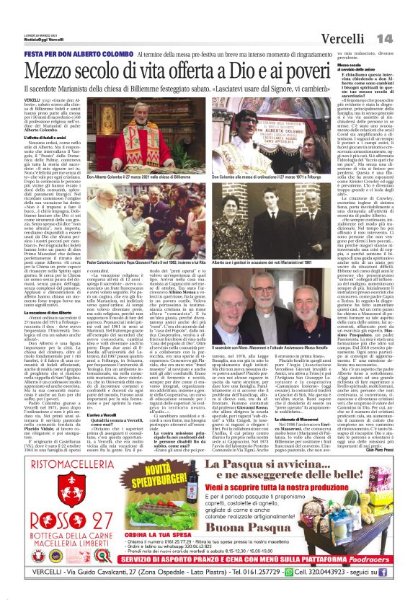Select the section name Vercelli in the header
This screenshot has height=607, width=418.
pyautogui.click(x=342, y=38)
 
